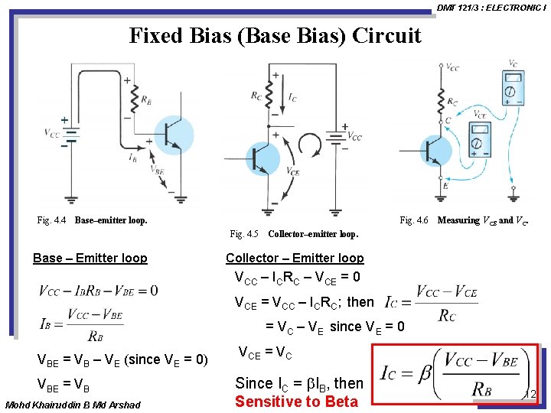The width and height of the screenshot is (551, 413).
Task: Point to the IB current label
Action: click(x=133, y=158)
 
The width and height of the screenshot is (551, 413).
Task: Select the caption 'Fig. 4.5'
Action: click(x=244, y=233)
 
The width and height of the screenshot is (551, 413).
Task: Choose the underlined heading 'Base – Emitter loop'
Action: click(x=90, y=258)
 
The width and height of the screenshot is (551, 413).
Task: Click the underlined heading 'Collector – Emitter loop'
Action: click(x=295, y=258)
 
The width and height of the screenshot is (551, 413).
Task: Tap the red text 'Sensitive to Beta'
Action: click(x=296, y=402)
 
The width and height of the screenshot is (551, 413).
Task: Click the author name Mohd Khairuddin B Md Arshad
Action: click(x=73, y=405)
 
